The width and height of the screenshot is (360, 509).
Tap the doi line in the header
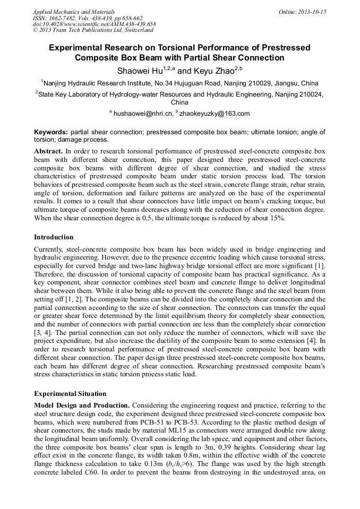click(x=95, y=24)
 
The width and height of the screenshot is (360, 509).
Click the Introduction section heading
click(x=54, y=237)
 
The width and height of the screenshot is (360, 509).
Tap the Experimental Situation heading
click(x=70, y=394)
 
